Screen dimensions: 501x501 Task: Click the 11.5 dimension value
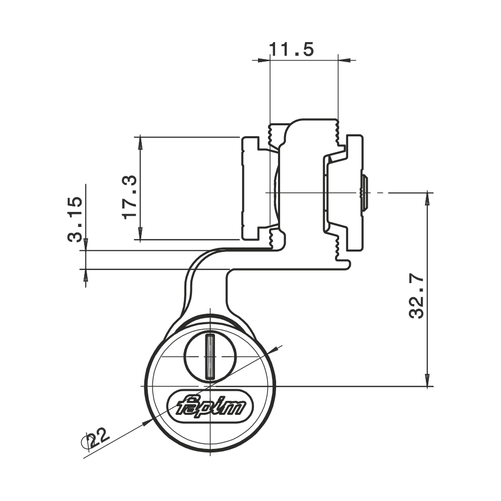pos(292,49)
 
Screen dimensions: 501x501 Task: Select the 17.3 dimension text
pos(129,196)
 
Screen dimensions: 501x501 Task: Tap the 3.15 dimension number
pos(75,219)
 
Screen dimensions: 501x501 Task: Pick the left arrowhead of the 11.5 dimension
pos(264,60)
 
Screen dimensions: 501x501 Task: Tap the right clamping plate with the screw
pos(353,193)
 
